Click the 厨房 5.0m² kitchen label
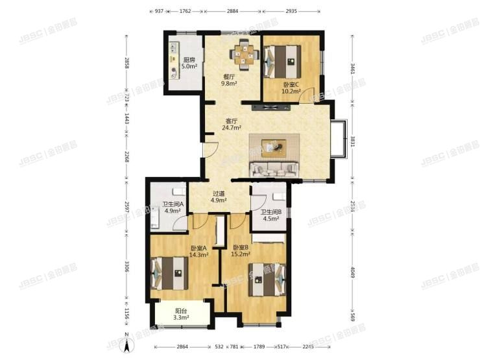[189, 63]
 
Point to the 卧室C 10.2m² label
[291, 88]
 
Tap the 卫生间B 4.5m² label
[270, 215]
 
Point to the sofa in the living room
[275, 170]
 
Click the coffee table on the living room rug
[278, 147]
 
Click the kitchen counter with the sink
[175, 62]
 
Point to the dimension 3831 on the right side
[353, 141]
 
